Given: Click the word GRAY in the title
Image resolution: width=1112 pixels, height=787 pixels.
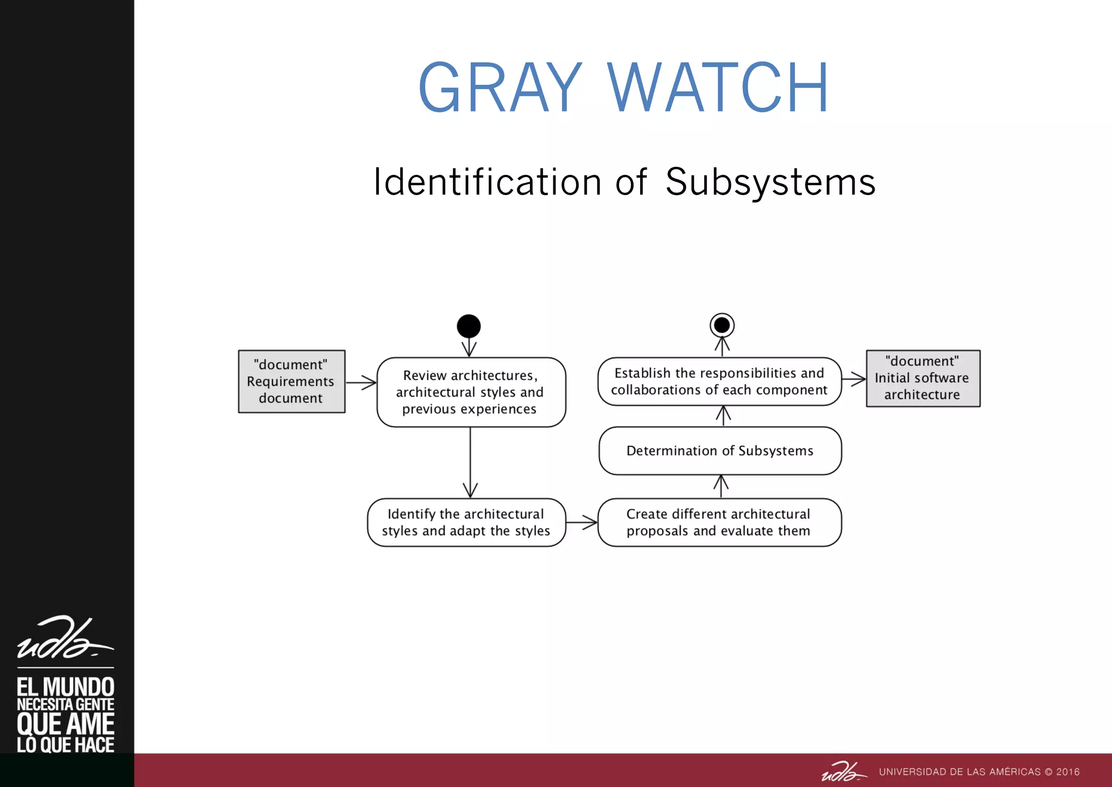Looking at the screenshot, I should (500, 88).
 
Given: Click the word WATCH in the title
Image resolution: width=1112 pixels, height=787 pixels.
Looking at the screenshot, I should (718, 88).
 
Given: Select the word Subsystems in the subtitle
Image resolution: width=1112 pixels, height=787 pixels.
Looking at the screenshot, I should (770, 182).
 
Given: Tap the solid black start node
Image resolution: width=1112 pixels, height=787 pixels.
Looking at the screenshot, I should (469, 326).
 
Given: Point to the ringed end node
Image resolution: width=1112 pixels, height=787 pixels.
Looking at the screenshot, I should (722, 325).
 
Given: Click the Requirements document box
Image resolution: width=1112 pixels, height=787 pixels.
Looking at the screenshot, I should (292, 381).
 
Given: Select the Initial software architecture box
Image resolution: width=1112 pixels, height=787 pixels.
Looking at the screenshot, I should (923, 378).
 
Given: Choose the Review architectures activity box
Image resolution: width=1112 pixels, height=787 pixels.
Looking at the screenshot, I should (471, 392).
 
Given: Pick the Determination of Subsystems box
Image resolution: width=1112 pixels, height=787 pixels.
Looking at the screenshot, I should (720, 451).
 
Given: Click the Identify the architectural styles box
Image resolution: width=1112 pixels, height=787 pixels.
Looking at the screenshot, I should (466, 522).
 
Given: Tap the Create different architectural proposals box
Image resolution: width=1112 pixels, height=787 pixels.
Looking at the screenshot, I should (719, 522).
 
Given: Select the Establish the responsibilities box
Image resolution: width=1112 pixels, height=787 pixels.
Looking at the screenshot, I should (719, 381).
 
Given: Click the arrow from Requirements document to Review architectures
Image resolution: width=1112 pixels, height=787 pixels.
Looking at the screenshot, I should (361, 382).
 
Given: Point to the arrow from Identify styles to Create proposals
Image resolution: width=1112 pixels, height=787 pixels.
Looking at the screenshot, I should (582, 522).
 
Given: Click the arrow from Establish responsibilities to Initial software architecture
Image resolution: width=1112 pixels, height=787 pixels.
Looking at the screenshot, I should (854, 379).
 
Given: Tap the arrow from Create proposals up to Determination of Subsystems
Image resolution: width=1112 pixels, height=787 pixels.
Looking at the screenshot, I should (721, 487).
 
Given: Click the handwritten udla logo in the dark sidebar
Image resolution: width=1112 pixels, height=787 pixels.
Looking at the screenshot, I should (65, 638).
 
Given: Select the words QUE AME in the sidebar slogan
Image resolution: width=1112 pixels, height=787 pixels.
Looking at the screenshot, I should (65, 724).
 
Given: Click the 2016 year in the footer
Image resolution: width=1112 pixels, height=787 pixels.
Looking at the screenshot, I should (1067, 772).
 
